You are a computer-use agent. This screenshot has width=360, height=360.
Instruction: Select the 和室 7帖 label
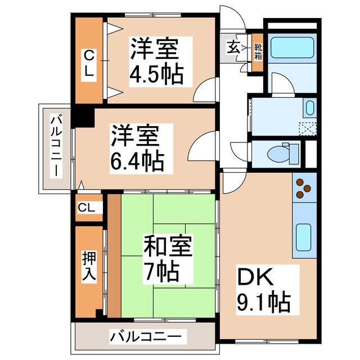pos(167,259)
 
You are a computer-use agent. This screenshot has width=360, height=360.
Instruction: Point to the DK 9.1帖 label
pos(263,290)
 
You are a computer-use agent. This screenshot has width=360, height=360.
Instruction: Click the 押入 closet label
pos(89,267)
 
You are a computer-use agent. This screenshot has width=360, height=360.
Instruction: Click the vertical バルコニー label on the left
pos(56,145)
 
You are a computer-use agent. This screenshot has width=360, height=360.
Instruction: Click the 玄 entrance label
pos(232,47)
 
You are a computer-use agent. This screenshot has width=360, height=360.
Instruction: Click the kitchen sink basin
pos(304,238)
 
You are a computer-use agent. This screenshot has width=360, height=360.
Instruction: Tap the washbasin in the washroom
pos(310,106)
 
